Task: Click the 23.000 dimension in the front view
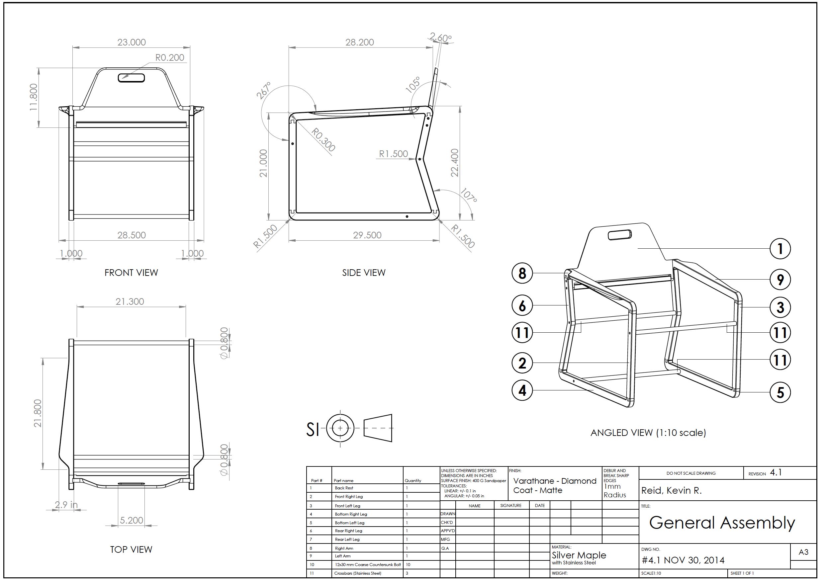tap(131, 42)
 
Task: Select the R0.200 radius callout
tap(170, 57)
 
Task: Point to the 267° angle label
tap(263, 90)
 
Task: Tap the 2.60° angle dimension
tap(441, 38)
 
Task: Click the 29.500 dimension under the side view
tap(367, 235)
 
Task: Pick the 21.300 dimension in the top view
tap(130, 301)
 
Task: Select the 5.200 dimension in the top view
tap(131, 520)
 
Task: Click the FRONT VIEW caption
tap(131, 273)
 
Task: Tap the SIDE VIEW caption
tap(364, 273)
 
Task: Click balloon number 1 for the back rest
tap(780, 249)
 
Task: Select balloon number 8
tap(522, 273)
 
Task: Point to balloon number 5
tap(780, 392)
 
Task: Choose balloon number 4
tap(522, 390)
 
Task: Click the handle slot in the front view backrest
tap(131, 78)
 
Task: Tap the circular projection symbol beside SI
tap(340, 428)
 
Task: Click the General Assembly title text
tap(722, 523)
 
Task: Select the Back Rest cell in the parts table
tap(344, 488)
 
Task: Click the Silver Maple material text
tap(579, 555)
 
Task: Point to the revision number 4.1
tap(776, 472)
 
